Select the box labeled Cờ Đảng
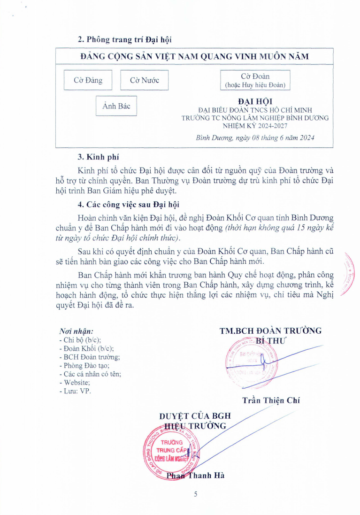click(88, 80)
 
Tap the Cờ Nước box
click(144, 80)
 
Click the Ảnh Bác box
click(116, 106)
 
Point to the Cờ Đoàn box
click(255, 80)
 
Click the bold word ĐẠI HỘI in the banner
click(255, 101)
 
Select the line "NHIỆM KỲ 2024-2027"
click(255, 126)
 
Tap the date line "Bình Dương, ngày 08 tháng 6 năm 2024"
click(255, 138)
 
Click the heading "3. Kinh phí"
click(98, 157)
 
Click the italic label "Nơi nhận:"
click(77, 331)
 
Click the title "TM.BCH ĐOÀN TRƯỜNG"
click(270, 331)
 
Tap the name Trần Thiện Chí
click(271, 400)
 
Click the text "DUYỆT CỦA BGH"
click(195, 416)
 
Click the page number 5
click(196, 494)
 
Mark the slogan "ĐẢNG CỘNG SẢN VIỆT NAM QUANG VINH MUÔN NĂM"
click(194, 56)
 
